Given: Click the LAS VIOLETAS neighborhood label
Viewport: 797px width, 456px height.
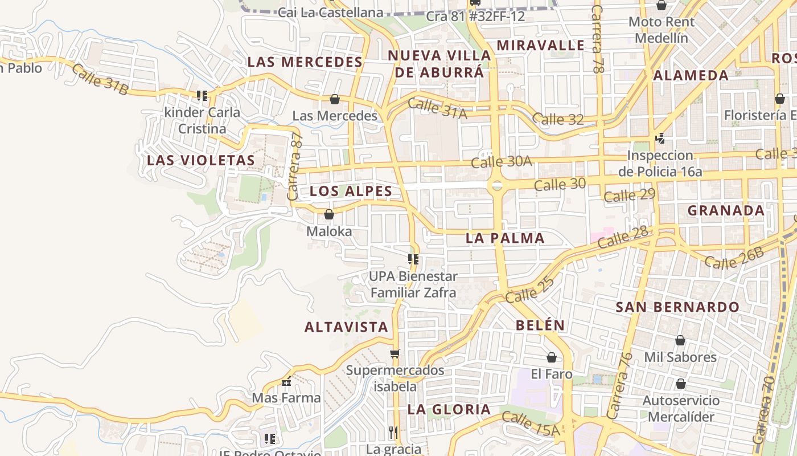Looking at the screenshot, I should point(201,160).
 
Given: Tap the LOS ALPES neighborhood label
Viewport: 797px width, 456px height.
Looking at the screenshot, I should point(351,191).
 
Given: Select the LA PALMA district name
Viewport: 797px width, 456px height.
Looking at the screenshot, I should point(505,238).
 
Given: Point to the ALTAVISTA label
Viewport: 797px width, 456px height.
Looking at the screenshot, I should point(346,327).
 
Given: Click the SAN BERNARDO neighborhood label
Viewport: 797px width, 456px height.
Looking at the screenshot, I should point(677,307).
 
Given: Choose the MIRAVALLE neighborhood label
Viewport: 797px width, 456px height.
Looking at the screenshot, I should point(540,45).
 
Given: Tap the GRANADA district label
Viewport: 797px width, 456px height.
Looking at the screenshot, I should point(726,210).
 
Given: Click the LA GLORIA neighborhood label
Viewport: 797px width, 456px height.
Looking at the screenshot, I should point(449,409).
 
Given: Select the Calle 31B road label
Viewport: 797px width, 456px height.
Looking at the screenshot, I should point(100,79).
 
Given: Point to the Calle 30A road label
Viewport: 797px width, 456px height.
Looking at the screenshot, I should point(501,161).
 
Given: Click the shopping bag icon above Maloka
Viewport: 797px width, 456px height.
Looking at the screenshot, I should point(328,215).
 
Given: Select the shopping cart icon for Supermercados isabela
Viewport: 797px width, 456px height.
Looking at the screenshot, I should point(395,353).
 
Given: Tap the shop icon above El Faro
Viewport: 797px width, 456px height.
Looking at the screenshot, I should point(551,357).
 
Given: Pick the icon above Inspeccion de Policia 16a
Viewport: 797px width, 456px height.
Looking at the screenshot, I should point(660,139).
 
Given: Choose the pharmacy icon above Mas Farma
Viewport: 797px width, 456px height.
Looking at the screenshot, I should point(286,381).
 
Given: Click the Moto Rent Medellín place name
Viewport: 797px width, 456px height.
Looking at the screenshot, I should point(661,30).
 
